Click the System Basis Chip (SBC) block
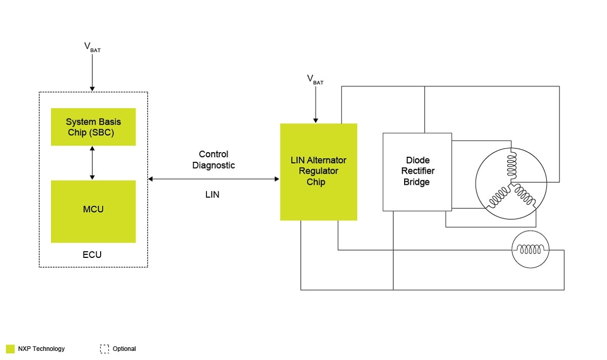pos(94,127)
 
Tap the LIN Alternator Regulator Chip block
pos(318,172)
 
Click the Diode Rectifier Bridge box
pos(417,172)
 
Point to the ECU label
pos(92,254)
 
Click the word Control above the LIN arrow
pos(214,154)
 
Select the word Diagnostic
pos(214,165)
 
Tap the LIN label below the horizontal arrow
pos(212,195)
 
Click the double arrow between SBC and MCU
pos(92,162)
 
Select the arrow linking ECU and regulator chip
pos(214,179)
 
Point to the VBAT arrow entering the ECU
pos(92,71)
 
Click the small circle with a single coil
pos(531,250)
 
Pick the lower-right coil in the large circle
pos(524,196)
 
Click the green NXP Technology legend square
pos(10,349)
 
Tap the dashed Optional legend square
pos(105,349)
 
